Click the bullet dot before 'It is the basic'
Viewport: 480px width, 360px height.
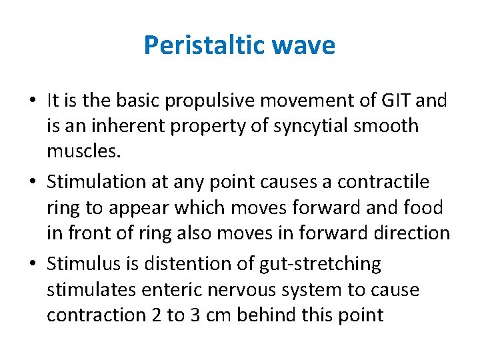pyautogui.click(x=33, y=101)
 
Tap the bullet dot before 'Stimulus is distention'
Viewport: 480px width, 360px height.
pyautogui.click(x=33, y=265)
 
